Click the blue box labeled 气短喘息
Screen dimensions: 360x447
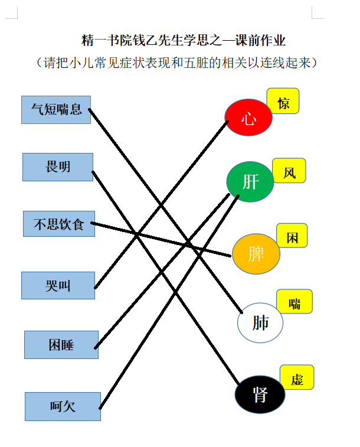tap(56, 110)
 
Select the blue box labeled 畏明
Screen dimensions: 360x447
tap(58, 167)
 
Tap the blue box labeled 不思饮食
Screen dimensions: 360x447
tap(59, 224)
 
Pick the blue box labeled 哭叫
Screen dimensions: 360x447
tap(58, 285)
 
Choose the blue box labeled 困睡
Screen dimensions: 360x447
tap(61, 345)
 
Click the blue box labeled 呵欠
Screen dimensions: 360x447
tap(63, 406)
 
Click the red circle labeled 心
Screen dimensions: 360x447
tap(248, 117)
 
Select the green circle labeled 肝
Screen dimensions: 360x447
tap(250, 182)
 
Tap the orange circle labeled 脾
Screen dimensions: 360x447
tap(256, 254)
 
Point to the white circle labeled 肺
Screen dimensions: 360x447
tap(260, 323)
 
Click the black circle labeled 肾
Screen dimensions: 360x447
tap(260, 394)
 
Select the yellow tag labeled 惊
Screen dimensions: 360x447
tap(283, 101)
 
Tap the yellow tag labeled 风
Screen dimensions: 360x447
tap(289, 171)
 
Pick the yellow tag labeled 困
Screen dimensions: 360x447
tap(292, 236)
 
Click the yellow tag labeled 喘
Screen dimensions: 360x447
tap(294, 301)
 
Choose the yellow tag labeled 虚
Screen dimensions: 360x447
tap(297, 377)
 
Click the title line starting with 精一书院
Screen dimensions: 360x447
tap(184, 40)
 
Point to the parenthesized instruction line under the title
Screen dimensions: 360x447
tap(177, 63)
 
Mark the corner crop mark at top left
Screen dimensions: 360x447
tap(17, 18)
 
